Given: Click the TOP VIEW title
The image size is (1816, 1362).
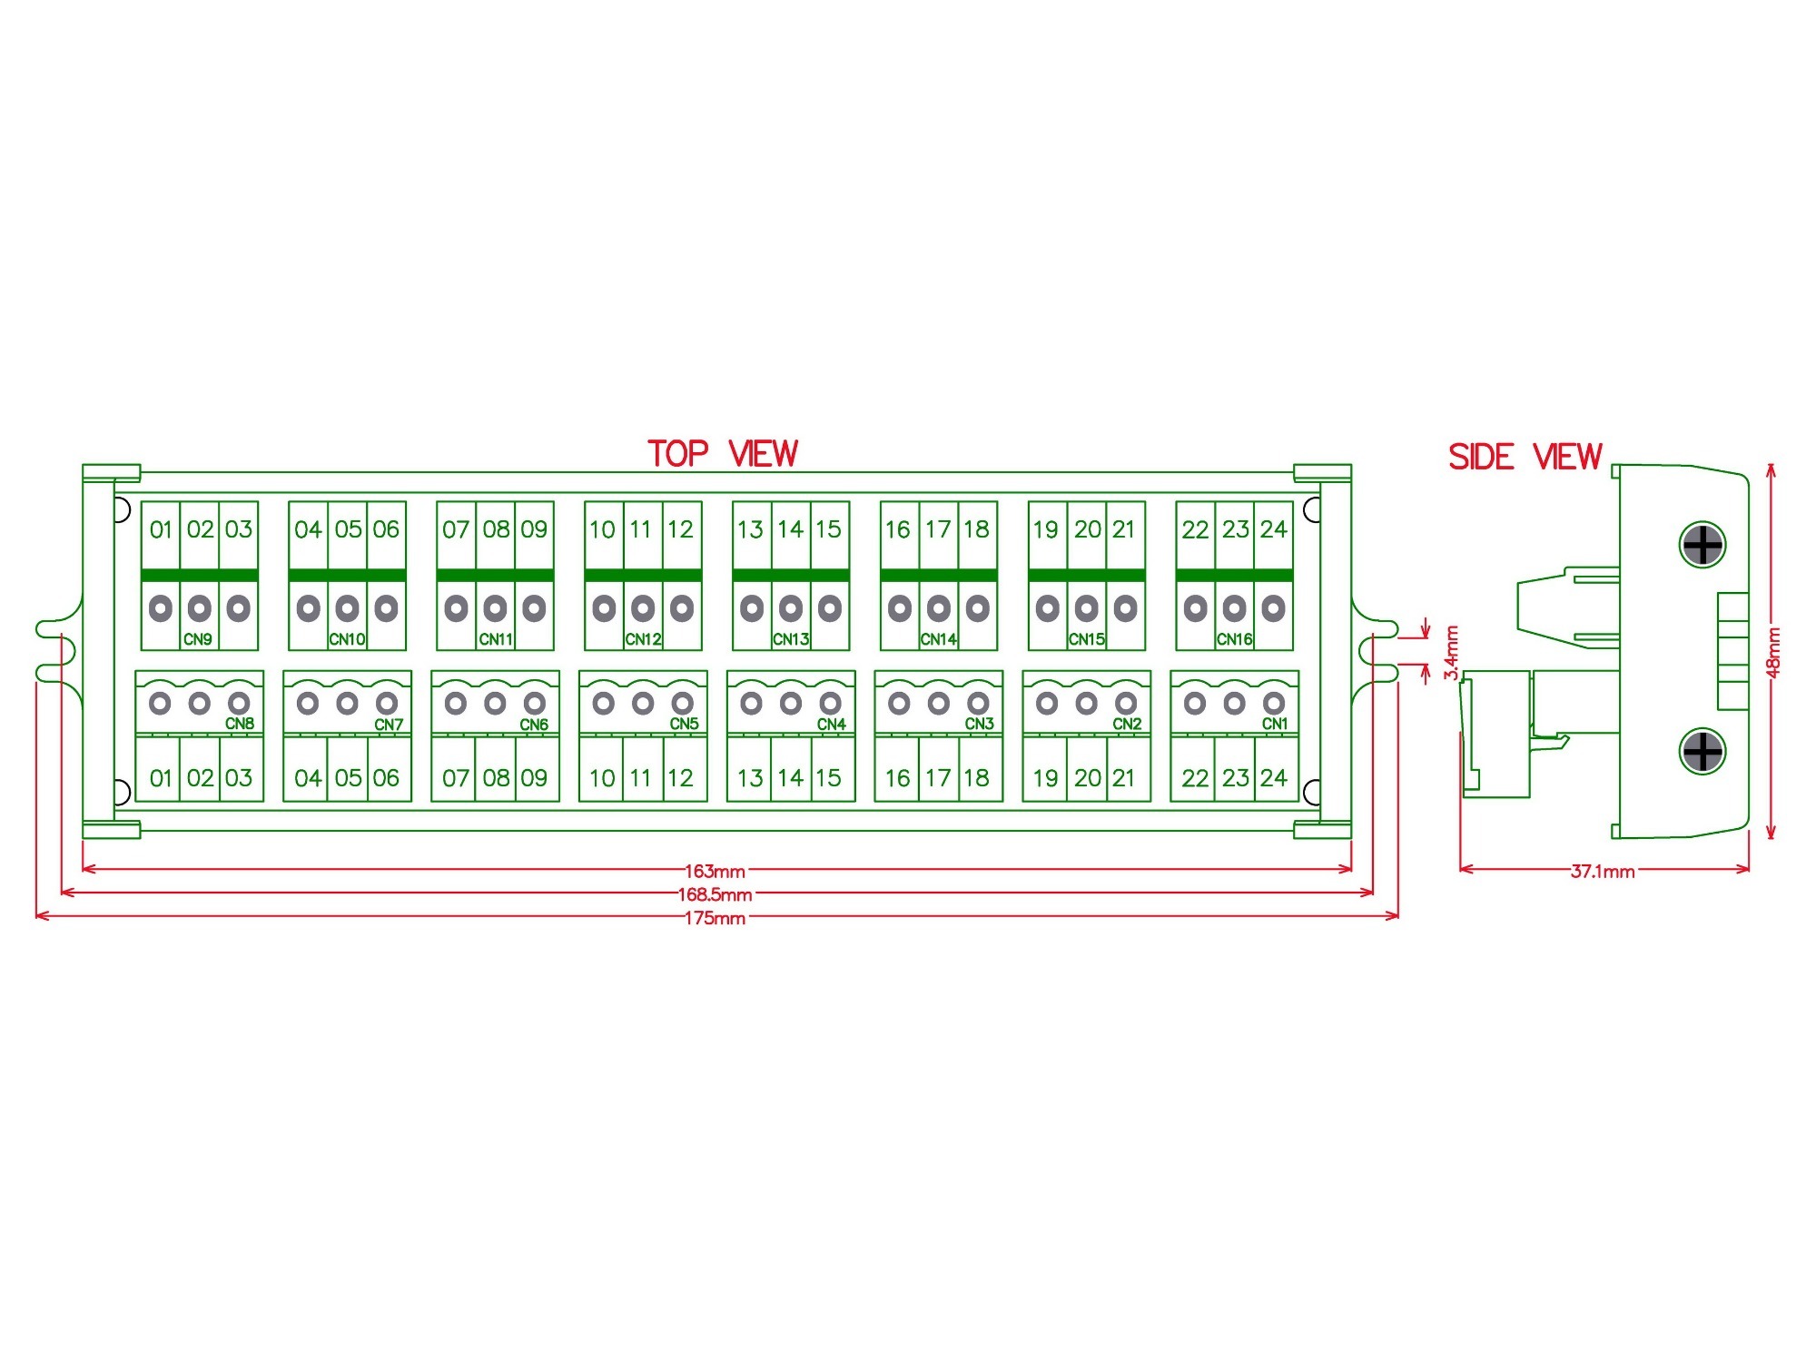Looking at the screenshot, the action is point(723,454).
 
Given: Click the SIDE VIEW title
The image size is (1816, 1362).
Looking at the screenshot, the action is point(1525,457).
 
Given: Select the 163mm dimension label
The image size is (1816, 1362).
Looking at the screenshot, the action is point(715,872).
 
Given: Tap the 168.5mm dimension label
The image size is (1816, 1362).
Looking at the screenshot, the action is point(715,894).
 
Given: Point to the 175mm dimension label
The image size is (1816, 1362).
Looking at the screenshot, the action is point(715,918).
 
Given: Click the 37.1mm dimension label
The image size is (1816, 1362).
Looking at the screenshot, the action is point(1603,872).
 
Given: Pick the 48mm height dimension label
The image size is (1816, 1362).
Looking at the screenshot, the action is point(1773,652).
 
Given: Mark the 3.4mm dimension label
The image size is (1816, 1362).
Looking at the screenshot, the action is point(1451,652).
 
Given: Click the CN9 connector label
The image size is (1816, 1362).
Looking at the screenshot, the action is point(198,639).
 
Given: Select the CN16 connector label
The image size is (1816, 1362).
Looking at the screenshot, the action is point(1234,639).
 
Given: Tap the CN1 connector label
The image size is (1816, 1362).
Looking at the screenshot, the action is point(1275,724).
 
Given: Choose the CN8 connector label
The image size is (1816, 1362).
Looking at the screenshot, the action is point(240,724).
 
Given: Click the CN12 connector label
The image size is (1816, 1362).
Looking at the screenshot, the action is point(643,639).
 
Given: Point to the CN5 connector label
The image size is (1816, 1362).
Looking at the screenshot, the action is point(685,724).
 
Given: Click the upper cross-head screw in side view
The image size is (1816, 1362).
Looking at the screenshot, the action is point(1702,545).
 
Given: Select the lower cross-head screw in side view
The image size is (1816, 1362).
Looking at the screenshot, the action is point(1702,751).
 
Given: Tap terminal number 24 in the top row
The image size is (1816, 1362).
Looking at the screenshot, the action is point(1274,529).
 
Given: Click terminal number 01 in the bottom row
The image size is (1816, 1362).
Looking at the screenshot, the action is point(161,778).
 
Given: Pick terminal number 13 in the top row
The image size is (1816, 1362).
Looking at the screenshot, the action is point(750,529).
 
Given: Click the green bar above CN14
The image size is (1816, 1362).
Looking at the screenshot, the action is point(939,575).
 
